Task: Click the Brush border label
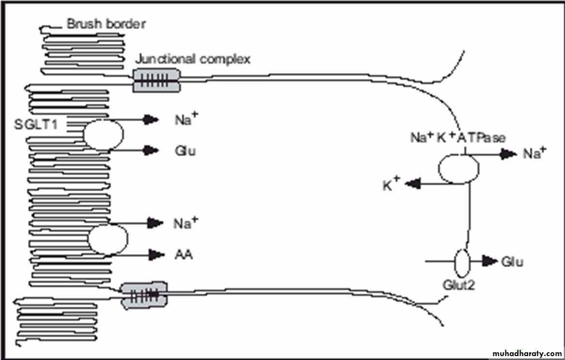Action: click(106, 24)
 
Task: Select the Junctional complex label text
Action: click(192, 60)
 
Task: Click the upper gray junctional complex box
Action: click(156, 80)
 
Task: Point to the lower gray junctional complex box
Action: click(144, 294)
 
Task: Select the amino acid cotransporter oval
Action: click(108, 239)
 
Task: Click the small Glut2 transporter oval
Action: click(461, 262)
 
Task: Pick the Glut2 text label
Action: click(459, 285)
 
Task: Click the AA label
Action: click(183, 254)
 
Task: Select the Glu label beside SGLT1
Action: click(185, 151)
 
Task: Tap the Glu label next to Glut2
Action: click(512, 262)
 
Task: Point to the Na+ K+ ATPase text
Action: click(458, 138)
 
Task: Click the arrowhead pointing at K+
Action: click(412, 184)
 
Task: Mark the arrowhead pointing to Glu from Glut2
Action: click(490, 262)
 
